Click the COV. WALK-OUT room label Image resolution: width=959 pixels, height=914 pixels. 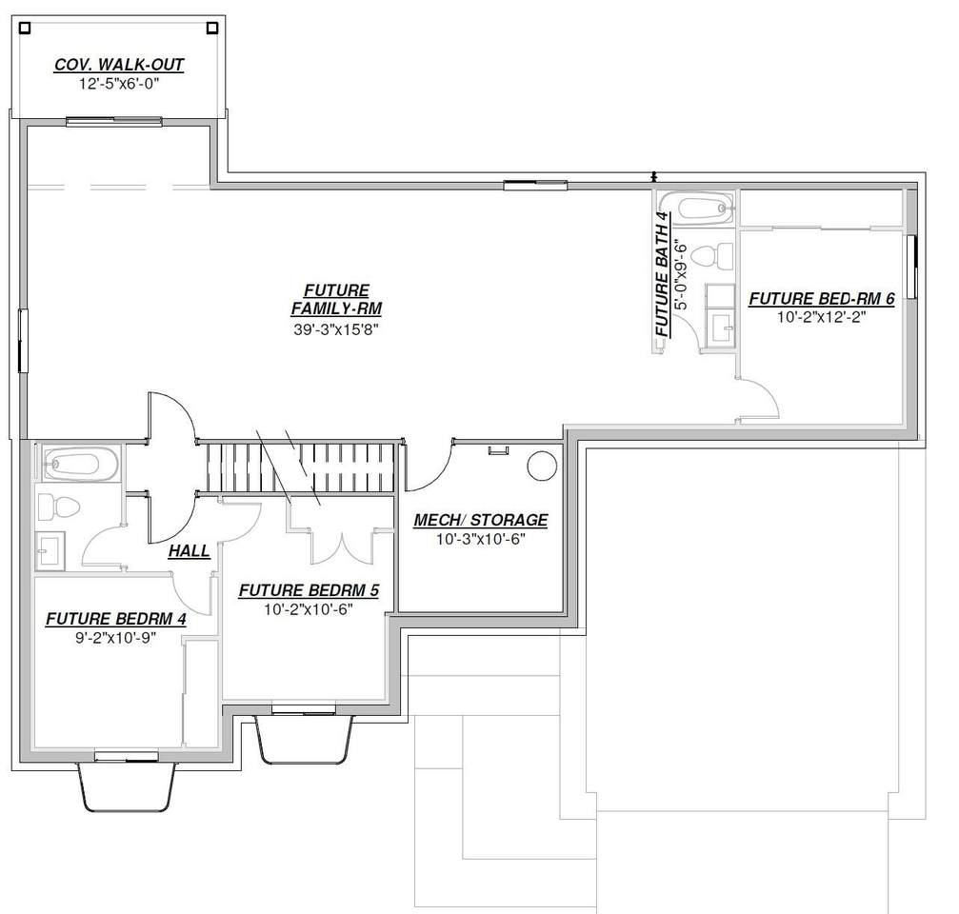tap(119, 64)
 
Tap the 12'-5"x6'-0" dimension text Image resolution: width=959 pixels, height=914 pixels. tap(119, 84)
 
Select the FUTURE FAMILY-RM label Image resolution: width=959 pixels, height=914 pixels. tap(336, 300)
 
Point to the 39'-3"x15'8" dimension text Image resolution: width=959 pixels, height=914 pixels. tap(336, 329)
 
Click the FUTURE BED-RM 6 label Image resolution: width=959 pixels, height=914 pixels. tap(822, 298)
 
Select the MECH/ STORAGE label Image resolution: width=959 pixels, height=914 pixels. tap(481, 520)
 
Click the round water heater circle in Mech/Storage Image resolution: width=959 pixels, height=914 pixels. tap(542, 466)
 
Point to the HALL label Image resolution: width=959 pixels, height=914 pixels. tap(189, 551)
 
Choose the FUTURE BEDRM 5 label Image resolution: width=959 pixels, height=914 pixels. tap(309, 590)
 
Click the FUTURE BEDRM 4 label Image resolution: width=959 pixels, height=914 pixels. tap(116, 619)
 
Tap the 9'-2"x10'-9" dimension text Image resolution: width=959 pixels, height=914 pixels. tap(116, 638)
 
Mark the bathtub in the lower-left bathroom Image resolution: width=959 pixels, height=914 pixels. tap(79, 465)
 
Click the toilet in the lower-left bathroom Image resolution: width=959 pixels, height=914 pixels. tap(59, 507)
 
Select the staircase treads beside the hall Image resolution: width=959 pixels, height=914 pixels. tap(300, 467)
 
